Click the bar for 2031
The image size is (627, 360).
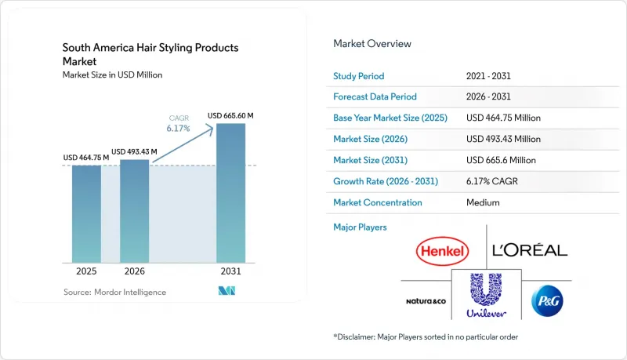pyautogui.click(x=230, y=193)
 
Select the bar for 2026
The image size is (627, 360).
pyautogui.click(x=134, y=211)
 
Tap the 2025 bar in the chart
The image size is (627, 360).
pyautogui.click(x=86, y=214)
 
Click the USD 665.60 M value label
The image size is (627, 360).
pyautogui.click(x=230, y=115)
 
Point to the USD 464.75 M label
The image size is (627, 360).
pyautogui.click(x=86, y=158)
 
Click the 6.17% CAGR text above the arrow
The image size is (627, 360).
pyautogui.click(x=179, y=124)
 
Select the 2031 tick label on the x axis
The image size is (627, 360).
pyautogui.click(x=230, y=271)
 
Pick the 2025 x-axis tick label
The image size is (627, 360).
pyautogui.click(x=86, y=271)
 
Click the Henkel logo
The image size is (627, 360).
pyautogui.click(x=442, y=251)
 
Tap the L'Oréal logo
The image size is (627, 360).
pyautogui.click(x=530, y=250)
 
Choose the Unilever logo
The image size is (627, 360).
pyautogui.click(x=486, y=295)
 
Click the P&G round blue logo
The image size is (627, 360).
pyautogui.click(x=547, y=301)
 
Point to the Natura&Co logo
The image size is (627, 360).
pyautogui.click(x=426, y=301)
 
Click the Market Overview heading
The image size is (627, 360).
pyautogui.click(x=372, y=44)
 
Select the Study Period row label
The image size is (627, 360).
pyautogui.click(x=359, y=76)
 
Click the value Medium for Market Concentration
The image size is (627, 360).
pyautogui.click(x=483, y=202)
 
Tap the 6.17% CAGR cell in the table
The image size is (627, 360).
pyautogui.click(x=492, y=181)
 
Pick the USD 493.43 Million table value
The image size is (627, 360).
pyautogui.click(x=503, y=139)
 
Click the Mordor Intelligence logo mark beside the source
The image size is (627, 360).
pyautogui.click(x=227, y=291)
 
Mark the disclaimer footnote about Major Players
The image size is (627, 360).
pyautogui.click(x=426, y=336)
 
